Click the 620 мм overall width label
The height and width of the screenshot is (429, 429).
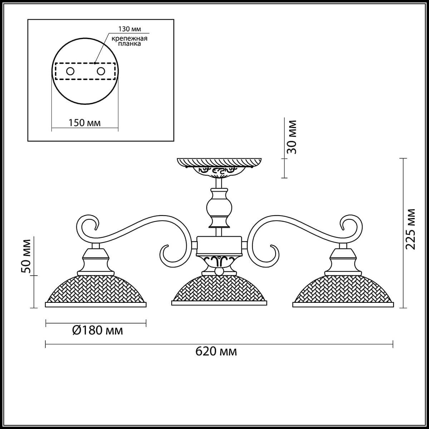pos(216,351)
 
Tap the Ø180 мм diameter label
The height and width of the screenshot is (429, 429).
pos(97,330)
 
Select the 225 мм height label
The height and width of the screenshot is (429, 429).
pos(411,229)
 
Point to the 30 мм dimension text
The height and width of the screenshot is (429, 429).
pos(292,137)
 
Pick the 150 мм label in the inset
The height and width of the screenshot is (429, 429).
pos(84,123)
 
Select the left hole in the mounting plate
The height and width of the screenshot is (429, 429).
pos(70,71)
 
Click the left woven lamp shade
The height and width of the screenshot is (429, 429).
pos(95,290)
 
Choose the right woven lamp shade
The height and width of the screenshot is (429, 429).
pos(343,290)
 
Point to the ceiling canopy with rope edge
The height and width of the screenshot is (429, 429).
pos(219,162)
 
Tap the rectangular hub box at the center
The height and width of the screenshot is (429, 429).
pos(219,245)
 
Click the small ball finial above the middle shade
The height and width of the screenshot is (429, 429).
pos(219,272)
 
